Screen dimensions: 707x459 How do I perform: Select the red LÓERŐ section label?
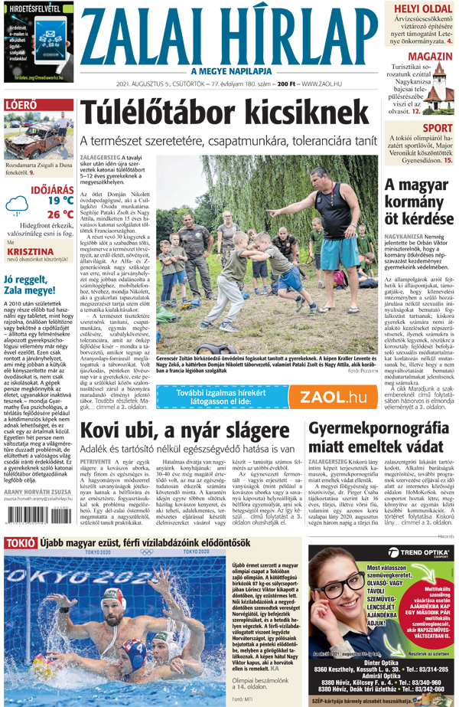(x=21, y=104)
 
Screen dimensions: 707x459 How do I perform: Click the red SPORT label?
(x=437, y=128)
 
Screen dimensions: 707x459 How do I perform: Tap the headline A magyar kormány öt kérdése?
(x=418, y=202)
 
